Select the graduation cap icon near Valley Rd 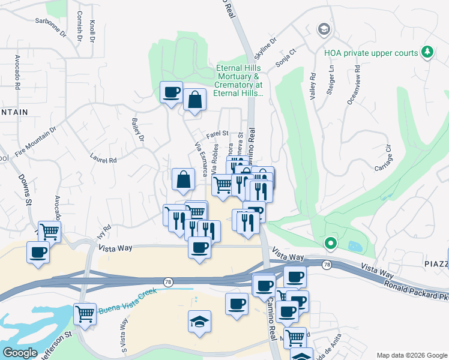click(x=324, y=29)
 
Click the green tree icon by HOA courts click(x=427, y=53)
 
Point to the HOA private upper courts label click(x=371, y=53)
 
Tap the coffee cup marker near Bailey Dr click(x=172, y=93)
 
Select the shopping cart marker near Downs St click(x=50, y=230)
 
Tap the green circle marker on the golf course click(x=330, y=244)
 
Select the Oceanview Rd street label click(x=353, y=90)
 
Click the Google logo click(x=20, y=353)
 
